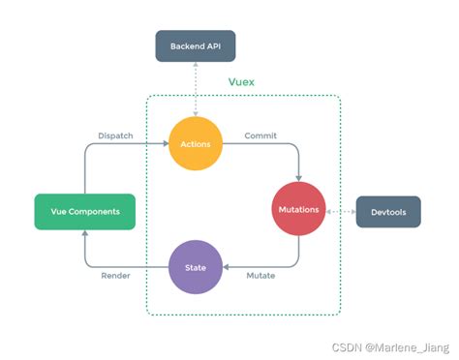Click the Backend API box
(195, 46)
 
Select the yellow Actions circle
(196, 143)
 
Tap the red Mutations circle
(298, 210)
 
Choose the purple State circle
(196, 267)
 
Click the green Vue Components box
(83, 211)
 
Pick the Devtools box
(387, 211)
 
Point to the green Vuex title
(242, 84)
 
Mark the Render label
(117, 275)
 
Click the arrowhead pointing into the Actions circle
(164, 143)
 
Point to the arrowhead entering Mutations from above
(298, 178)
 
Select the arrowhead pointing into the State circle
(228, 267)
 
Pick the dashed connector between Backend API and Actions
(196, 88)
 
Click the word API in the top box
(214, 46)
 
